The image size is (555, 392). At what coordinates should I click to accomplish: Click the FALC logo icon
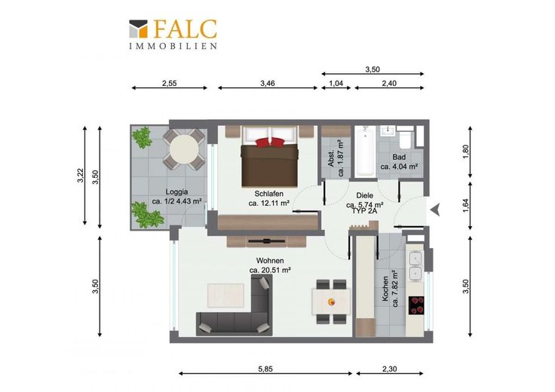click(138, 29)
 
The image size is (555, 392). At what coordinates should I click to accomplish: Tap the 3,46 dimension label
click(268, 83)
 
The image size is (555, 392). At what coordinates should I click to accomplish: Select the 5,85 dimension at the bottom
click(265, 369)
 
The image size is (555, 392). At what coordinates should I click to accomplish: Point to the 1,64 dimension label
click(465, 205)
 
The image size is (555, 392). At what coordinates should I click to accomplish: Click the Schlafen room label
click(269, 194)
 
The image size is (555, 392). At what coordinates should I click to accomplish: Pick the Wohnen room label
click(270, 261)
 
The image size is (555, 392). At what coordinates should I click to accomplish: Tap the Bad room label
click(399, 157)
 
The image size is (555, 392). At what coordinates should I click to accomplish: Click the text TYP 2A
click(364, 211)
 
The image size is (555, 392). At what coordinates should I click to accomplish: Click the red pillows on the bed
click(270, 142)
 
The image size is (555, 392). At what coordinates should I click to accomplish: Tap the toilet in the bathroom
click(405, 139)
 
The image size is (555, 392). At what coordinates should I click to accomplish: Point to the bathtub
click(364, 152)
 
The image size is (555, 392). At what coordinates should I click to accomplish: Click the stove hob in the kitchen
click(416, 305)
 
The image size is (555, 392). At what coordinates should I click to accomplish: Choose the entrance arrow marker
click(435, 210)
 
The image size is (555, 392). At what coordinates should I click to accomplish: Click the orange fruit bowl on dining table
click(331, 302)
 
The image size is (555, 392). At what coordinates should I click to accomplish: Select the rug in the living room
click(225, 296)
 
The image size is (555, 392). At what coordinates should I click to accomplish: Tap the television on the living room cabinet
click(266, 241)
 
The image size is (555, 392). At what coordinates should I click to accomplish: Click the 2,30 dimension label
click(389, 369)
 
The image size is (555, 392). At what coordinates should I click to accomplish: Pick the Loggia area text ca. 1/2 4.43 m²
click(176, 201)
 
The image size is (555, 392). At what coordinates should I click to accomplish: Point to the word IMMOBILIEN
click(173, 46)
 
